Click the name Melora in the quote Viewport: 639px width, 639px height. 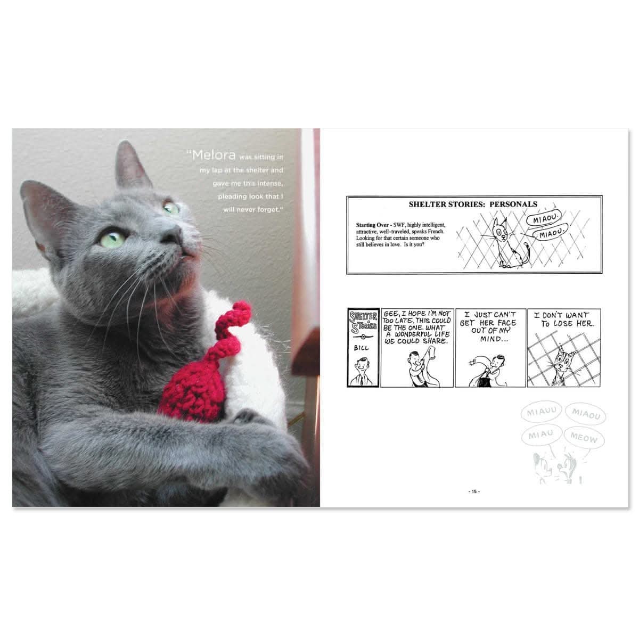214,155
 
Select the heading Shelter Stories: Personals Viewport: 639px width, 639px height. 473,204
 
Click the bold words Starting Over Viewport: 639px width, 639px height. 372,225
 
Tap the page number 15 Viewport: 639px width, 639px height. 474,491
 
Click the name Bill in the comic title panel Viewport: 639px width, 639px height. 361,348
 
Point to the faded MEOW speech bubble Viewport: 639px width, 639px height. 584,438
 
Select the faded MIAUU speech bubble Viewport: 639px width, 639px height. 541,412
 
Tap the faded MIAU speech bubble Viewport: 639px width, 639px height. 542,435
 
